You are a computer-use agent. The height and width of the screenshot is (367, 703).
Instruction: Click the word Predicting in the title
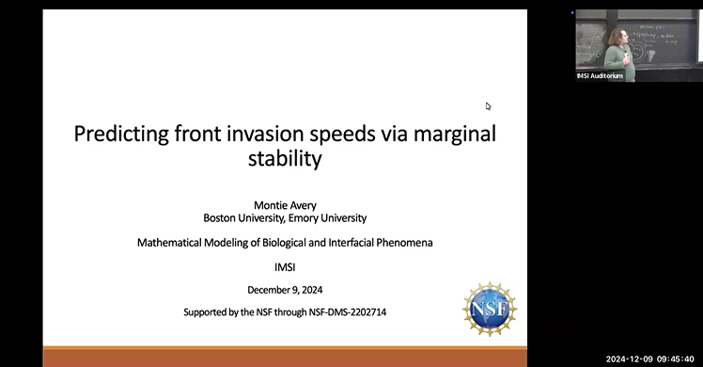[121, 134]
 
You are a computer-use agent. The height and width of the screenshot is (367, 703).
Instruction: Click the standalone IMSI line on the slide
[285, 266]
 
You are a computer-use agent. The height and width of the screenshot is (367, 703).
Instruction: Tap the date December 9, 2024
[285, 290]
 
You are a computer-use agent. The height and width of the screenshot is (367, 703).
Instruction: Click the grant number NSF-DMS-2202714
[340, 311]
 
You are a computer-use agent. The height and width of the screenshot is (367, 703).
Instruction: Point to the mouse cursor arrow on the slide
[488, 106]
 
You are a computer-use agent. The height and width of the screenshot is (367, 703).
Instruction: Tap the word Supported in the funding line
[205, 311]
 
